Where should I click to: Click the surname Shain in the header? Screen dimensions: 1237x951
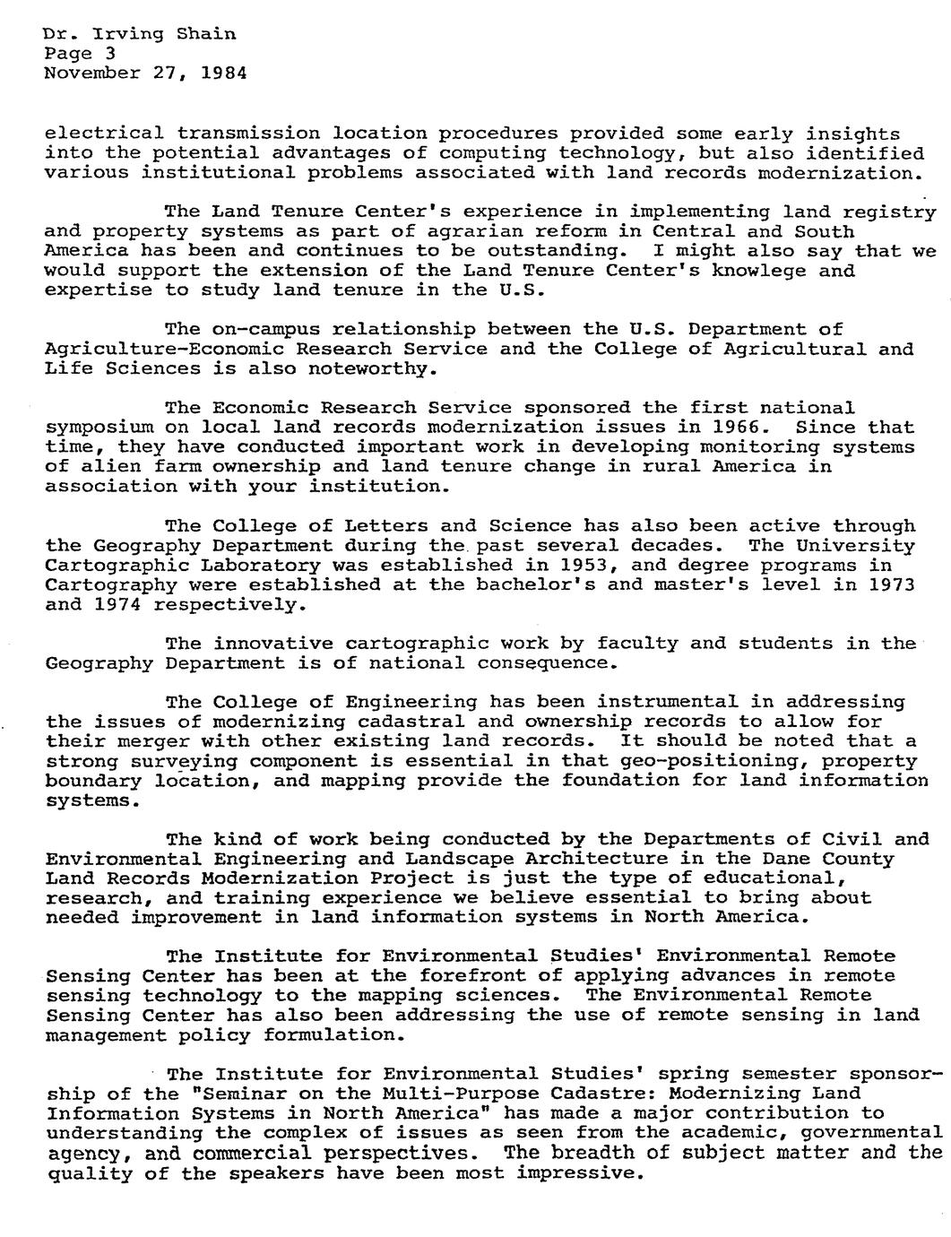[206, 34]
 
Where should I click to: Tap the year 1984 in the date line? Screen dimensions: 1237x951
[223, 73]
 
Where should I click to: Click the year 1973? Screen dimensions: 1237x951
[890, 584]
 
